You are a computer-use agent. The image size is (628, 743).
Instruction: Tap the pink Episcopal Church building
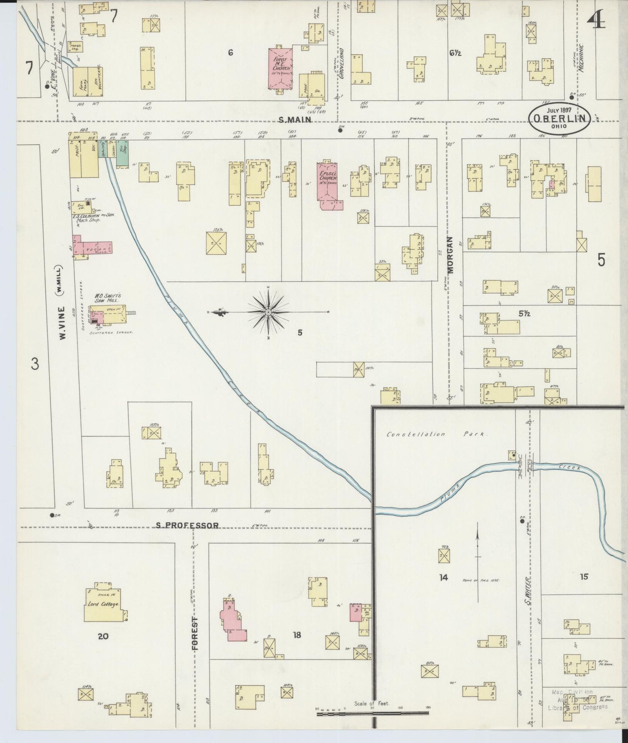coord(329,185)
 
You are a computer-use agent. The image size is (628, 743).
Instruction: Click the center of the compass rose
coord(269,312)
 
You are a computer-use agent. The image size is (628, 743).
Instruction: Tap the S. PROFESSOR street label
coord(188,525)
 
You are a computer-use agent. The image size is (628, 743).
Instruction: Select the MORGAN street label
coord(450,255)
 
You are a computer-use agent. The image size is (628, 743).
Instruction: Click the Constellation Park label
coord(437,434)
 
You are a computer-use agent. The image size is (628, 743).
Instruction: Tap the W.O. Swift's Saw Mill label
coord(108,298)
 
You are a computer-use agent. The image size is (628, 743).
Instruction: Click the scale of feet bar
coord(372,713)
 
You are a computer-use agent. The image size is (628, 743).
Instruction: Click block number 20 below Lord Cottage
coord(103,637)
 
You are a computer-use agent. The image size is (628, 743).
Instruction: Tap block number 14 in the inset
coord(443,577)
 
